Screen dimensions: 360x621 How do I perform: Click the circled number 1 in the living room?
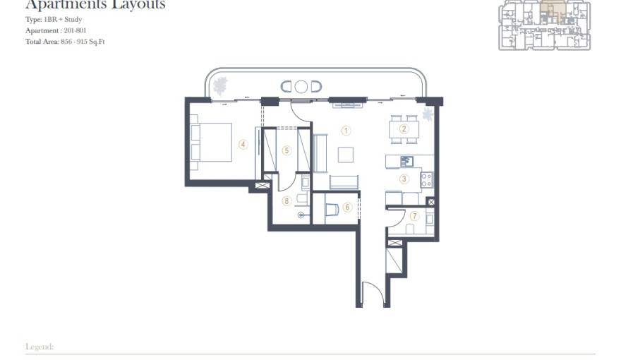[x=346, y=131]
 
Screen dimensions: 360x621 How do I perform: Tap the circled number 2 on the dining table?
[x=404, y=129]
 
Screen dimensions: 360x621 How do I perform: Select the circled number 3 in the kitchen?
[x=404, y=179]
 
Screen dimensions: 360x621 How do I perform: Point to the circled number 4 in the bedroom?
[x=243, y=145]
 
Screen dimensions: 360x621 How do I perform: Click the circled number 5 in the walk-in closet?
[x=287, y=150]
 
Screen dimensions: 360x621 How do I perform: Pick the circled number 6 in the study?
[x=347, y=208]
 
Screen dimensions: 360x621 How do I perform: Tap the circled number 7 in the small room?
[x=414, y=216]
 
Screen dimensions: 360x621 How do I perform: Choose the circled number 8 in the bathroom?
[x=287, y=200]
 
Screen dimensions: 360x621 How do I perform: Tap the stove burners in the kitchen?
[x=426, y=179]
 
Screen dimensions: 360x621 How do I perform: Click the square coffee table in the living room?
[x=346, y=155]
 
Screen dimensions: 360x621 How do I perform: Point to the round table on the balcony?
[x=301, y=87]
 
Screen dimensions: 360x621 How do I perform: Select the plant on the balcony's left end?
[x=221, y=85]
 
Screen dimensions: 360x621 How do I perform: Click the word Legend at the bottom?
[x=40, y=347]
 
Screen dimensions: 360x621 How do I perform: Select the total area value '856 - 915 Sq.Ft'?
[x=81, y=42]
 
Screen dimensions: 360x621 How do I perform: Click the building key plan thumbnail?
[x=545, y=25]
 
